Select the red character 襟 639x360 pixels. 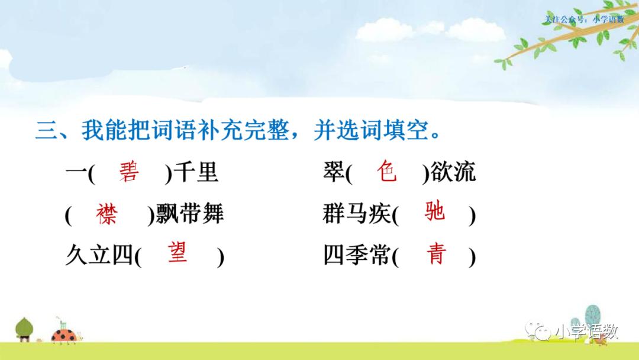107,214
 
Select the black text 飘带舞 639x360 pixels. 189,214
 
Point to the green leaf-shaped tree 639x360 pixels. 24,328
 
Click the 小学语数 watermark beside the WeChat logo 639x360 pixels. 586,332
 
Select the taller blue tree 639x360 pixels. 592,317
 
